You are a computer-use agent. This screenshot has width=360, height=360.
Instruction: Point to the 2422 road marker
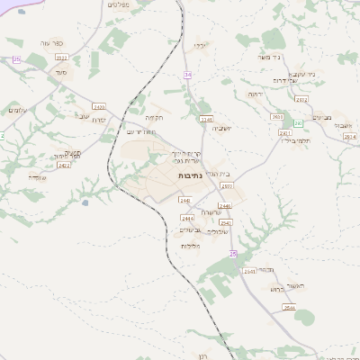[63, 165]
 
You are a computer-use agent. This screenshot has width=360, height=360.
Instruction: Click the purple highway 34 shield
[187, 74]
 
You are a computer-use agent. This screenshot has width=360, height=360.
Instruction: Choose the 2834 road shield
[349, 136]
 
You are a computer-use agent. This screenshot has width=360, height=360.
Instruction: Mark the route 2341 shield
[284, 133]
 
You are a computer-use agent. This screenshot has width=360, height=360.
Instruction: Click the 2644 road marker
[288, 307]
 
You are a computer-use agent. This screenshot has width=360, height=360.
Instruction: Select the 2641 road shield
[249, 270]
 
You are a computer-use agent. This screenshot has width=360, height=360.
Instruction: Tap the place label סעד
[48, 71]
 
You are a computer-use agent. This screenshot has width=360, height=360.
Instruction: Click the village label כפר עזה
[50, 43]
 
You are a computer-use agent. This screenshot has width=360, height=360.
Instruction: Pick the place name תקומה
[154, 117]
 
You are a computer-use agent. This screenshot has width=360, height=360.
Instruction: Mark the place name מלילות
[189, 246]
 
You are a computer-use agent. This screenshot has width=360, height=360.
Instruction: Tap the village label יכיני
[201, 44]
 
